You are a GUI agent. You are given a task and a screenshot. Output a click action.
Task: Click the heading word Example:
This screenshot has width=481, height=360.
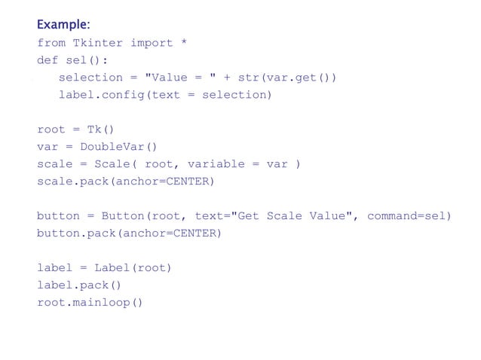pyautogui.click(x=63, y=26)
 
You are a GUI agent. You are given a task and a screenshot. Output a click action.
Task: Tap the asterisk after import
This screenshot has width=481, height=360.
pyautogui.click(x=183, y=43)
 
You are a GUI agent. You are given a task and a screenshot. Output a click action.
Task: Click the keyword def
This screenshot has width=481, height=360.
pyautogui.click(x=47, y=60)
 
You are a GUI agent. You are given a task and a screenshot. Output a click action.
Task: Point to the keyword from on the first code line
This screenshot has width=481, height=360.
pyautogui.click(x=51, y=43)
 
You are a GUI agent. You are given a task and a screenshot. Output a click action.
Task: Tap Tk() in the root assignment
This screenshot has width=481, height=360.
pyautogui.click(x=100, y=130)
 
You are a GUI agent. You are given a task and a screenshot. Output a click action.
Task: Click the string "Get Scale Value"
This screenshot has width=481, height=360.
pyautogui.click(x=295, y=216)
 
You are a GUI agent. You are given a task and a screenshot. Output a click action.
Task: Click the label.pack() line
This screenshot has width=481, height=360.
pyautogui.click(x=79, y=285)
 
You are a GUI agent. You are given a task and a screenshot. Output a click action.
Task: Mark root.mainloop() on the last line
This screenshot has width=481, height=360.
pyautogui.click(x=90, y=303)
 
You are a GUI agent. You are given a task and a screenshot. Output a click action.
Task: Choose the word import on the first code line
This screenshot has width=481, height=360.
pyautogui.click(x=151, y=43)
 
